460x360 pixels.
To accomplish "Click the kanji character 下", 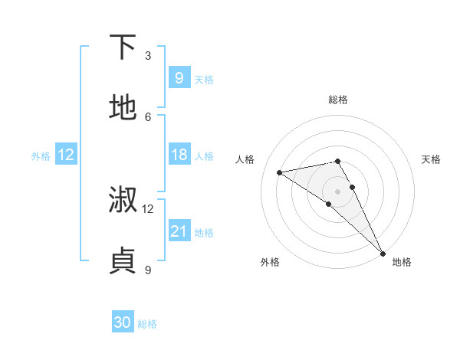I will pyautogui.click(x=123, y=47).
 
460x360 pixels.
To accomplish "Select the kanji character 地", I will pyautogui.click(x=123, y=108).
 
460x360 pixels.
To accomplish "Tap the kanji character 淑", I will pyautogui.click(x=123, y=200).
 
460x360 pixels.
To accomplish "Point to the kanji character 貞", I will pyautogui.click(x=123, y=261).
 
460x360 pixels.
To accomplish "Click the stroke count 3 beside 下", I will pyautogui.click(x=148, y=56).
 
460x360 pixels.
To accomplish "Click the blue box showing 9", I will pyautogui.click(x=179, y=77).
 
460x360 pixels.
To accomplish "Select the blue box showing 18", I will pyautogui.click(x=179, y=155).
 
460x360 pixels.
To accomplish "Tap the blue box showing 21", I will pyautogui.click(x=179, y=231).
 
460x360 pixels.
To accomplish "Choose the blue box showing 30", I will pyautogui.click(x=123, y=323).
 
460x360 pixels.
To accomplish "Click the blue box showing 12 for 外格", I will pyautogui.click(x=66, y=155).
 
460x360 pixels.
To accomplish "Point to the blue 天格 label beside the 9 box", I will pyautogui.click(x=204, y=79).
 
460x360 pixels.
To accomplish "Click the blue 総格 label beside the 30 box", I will pyautogui.click(x=147, y=324).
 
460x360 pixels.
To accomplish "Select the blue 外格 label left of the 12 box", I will pyautogui.click(x=41, y=155).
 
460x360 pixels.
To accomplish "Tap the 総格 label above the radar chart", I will pyautogui.click(x=338, y=100).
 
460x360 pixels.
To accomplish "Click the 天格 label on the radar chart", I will pyautogui.click(x=432, y=159).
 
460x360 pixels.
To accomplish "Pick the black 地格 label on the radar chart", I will pyautogui.click(x=402, y=262).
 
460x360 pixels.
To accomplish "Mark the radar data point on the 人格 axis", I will pyautogui.click(x=279, y=172).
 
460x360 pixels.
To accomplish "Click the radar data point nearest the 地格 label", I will pyautogui.click(x=383, y=252).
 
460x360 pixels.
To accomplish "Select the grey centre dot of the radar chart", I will pyautogui.click(x=338, y=191).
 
